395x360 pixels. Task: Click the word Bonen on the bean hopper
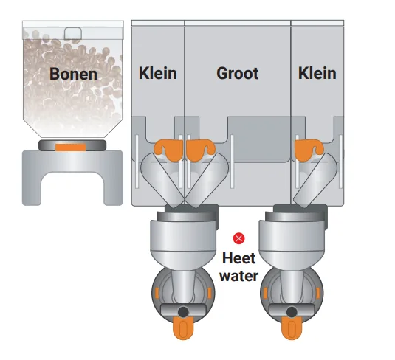tap(73, 74)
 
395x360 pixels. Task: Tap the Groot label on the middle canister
tap(238, 73)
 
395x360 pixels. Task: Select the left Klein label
tap(158, 73)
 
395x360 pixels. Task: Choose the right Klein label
tap(317, 73)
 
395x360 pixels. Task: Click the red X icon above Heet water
tap(238, 238)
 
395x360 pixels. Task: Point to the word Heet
tap(238, 258)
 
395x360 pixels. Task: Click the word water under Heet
tap(238, 276)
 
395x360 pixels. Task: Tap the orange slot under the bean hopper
tap(71, 148)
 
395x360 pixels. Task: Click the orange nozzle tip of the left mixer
tap(183, 328)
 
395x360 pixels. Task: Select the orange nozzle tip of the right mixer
tap(292, 328)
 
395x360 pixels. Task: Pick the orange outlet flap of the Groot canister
tap(199, 150)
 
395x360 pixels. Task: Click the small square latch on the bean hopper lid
tap(73, 33)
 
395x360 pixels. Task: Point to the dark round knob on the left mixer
tap(183, 312)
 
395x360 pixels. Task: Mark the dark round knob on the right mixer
tap(292, 312)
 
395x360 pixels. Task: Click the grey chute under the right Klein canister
tap(315, 180)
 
